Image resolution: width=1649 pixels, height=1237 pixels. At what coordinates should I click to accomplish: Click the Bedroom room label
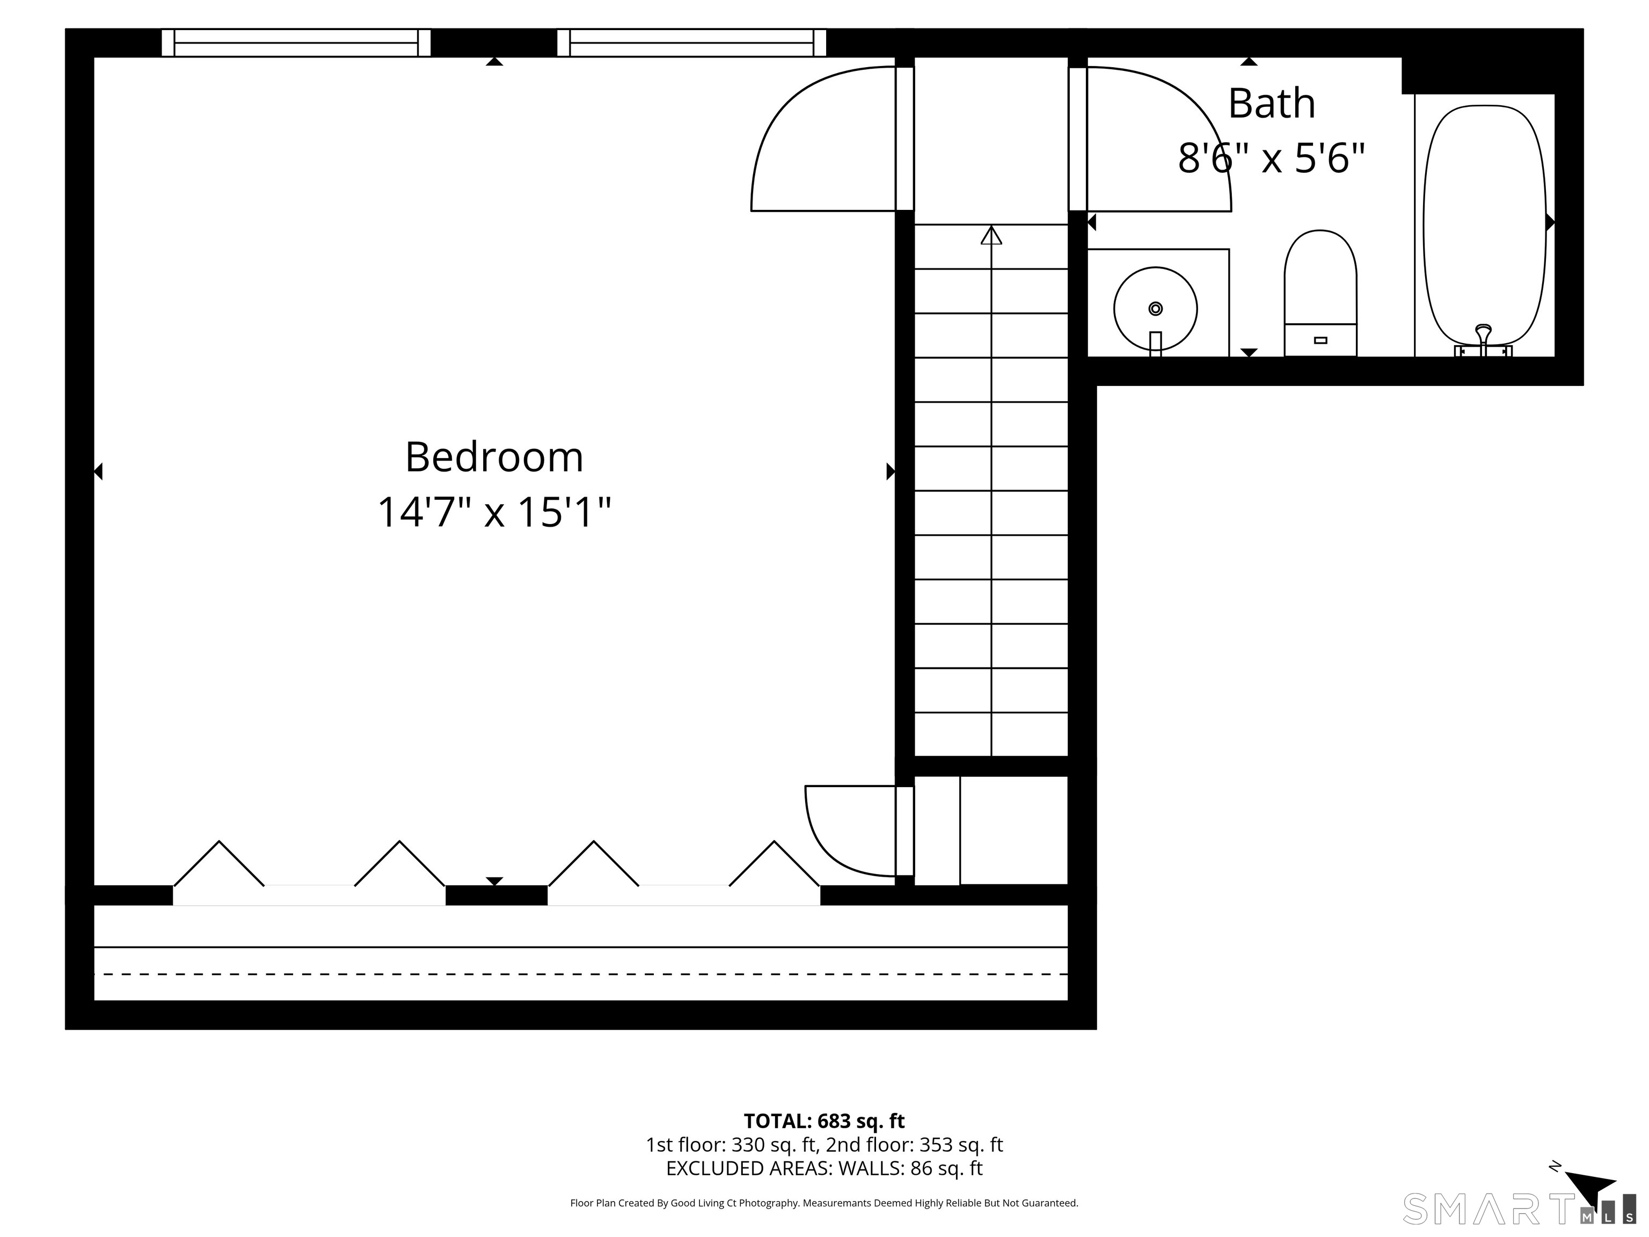(494, 457)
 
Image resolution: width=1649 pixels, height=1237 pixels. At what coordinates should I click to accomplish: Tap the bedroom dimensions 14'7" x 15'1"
(494, 513)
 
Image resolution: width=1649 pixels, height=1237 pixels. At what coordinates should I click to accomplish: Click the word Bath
(1272, 103)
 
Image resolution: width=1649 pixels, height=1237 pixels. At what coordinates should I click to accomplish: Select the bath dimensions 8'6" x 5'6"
(1272, 158)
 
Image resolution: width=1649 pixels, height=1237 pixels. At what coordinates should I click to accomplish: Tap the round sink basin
(1156, 309)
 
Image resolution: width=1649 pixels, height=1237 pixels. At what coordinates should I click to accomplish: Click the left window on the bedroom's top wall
(296, 42)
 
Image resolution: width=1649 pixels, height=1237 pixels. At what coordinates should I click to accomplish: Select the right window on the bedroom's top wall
(691, 42)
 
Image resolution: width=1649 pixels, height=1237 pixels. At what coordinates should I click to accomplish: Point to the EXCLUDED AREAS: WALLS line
(824, 1168)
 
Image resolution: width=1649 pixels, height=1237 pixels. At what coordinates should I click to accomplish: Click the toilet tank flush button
(1320, 340)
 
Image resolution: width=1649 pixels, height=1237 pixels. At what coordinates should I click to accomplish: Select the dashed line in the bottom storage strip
(581, 974)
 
